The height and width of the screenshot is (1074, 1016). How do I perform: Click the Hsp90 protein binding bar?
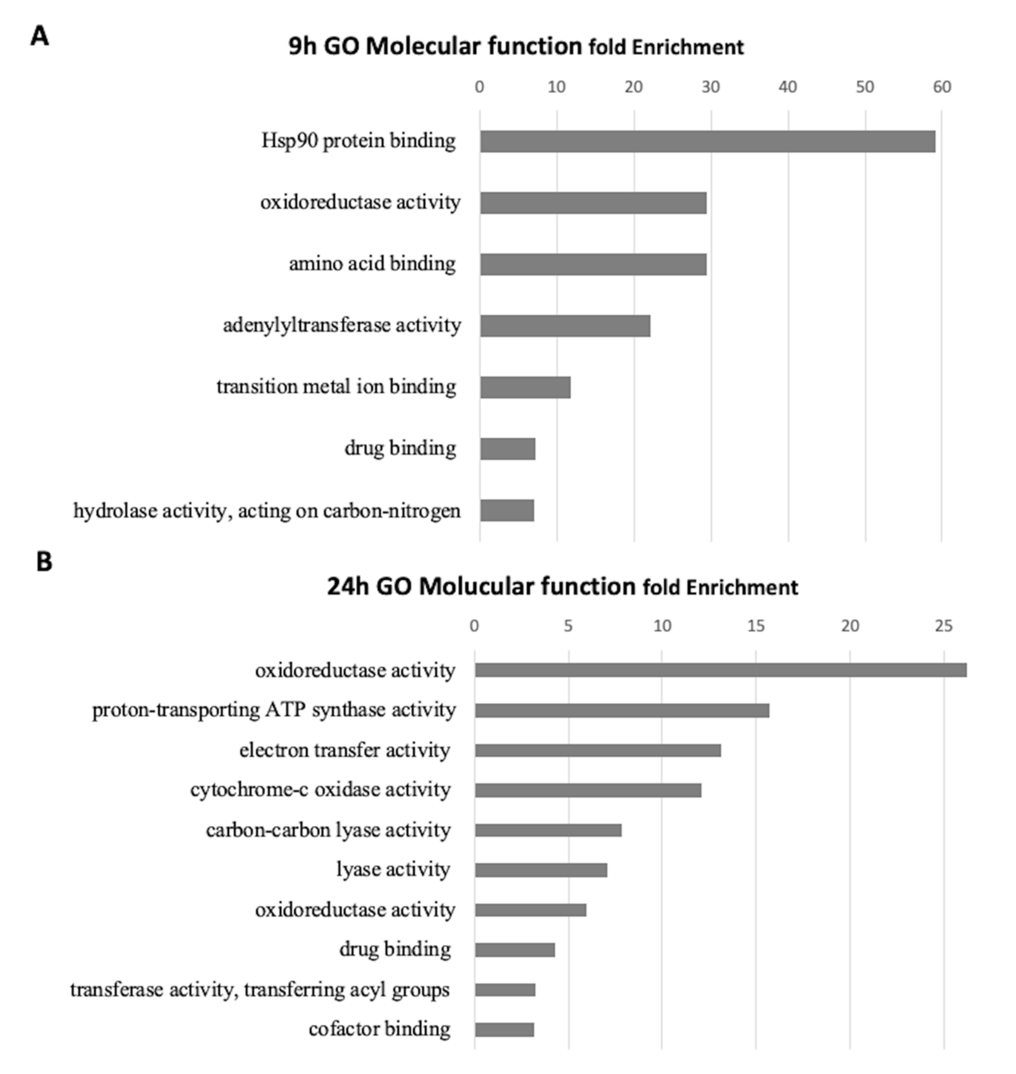click(x=707, y=141)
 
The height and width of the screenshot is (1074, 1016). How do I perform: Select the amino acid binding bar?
click(x=593, y=264)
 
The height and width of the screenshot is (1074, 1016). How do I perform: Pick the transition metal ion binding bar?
click(x=525, y=387)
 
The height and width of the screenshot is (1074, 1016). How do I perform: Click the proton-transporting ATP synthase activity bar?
click(x=622, y=710)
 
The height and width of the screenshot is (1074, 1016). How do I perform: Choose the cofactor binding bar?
click(x=504, y=1030)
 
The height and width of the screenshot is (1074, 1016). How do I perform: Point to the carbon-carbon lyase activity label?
click(x=328, y=830)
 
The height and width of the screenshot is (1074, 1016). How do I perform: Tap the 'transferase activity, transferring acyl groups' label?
click(x=260, y=990)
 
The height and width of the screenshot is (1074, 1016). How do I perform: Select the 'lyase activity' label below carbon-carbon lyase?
click(x=393, y=869)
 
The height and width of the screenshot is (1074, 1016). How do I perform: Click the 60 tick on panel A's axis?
click(x=942, y=87)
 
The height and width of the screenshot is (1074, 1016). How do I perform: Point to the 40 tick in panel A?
click(x=788, y=87)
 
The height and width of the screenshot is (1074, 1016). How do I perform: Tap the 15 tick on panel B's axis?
click(x=756, y=626)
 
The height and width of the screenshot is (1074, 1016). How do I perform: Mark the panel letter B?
click(x=44, y=561)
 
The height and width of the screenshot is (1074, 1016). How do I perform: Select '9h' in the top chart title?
click(x=302, y=47)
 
